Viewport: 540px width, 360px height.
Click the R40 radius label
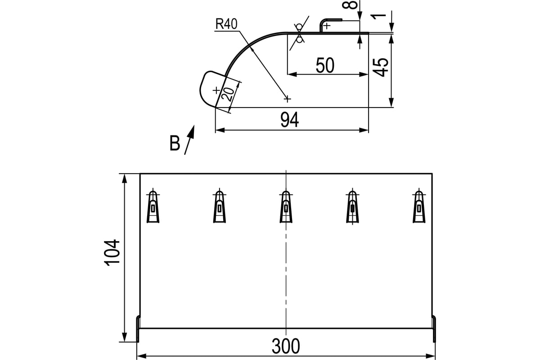coord(226,24)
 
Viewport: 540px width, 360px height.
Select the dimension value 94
coord(289,120)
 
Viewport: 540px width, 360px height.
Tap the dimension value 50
coord(325,65)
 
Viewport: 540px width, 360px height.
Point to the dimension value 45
coord(380,67)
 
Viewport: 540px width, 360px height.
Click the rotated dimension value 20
coord(228,94)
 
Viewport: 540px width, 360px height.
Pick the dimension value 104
coord(112,253)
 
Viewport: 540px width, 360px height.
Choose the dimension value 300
coord(286,346)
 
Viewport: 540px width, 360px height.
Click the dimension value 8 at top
coord(353,5)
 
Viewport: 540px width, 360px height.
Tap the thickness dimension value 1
coord(378,16)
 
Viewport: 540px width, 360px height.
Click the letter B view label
coord(175,143)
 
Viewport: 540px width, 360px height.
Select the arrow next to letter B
coord(189,140)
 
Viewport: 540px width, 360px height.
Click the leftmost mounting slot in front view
coord(153,207)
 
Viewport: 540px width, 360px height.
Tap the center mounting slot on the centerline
coord(286,207)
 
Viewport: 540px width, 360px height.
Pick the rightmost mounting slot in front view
coord(419,207)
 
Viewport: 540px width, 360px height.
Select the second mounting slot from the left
coord(220,207)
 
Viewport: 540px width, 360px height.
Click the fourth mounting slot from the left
coord(352,207)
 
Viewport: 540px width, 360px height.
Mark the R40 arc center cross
coord(287,99)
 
